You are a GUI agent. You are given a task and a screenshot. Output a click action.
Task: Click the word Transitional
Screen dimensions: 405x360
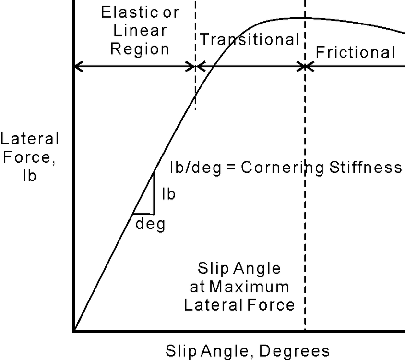click(250, 39)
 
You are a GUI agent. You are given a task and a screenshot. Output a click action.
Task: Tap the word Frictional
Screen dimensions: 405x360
click(355, 52)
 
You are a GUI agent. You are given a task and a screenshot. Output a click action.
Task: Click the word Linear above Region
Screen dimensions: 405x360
click(140, 30)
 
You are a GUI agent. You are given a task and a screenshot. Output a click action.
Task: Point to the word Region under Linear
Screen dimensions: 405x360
click(140, 49)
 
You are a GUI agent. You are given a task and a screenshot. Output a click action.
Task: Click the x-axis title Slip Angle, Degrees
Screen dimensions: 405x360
click(248, 351)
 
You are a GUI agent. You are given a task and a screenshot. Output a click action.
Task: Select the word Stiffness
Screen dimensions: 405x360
click(366, 167)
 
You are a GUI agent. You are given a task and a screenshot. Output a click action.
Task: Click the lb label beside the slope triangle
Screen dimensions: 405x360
click(168, 194)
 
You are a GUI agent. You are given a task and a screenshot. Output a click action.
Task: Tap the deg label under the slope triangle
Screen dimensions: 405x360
click(150, 224)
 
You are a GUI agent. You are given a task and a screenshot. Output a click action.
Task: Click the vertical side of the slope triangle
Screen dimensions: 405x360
click(154, 193)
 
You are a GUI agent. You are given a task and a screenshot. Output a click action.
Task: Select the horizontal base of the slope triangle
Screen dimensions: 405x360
click(143, 214)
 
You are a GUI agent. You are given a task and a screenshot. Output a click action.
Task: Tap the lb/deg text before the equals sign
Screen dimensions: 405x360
click(195, 168)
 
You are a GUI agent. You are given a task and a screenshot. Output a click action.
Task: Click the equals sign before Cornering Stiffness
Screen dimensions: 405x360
click(231, 168)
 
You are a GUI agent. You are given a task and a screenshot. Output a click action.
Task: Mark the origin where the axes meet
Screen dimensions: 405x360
click(74, 331)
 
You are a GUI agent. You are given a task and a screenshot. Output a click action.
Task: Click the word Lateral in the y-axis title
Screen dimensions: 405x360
click(30, 139)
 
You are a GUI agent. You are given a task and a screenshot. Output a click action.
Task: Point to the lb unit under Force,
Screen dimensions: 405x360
click(29, 176)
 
